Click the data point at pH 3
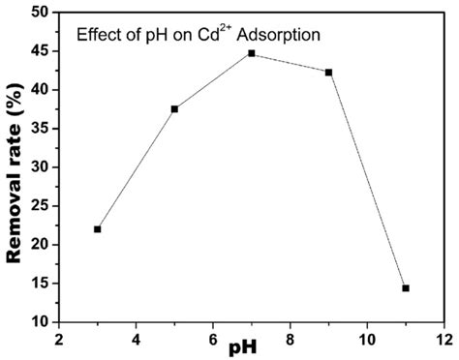[98, 229]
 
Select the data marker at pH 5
[174, 109]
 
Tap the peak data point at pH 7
[252, 53]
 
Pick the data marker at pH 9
[328, 73]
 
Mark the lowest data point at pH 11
[406, 288]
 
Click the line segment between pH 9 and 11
[367, 180]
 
